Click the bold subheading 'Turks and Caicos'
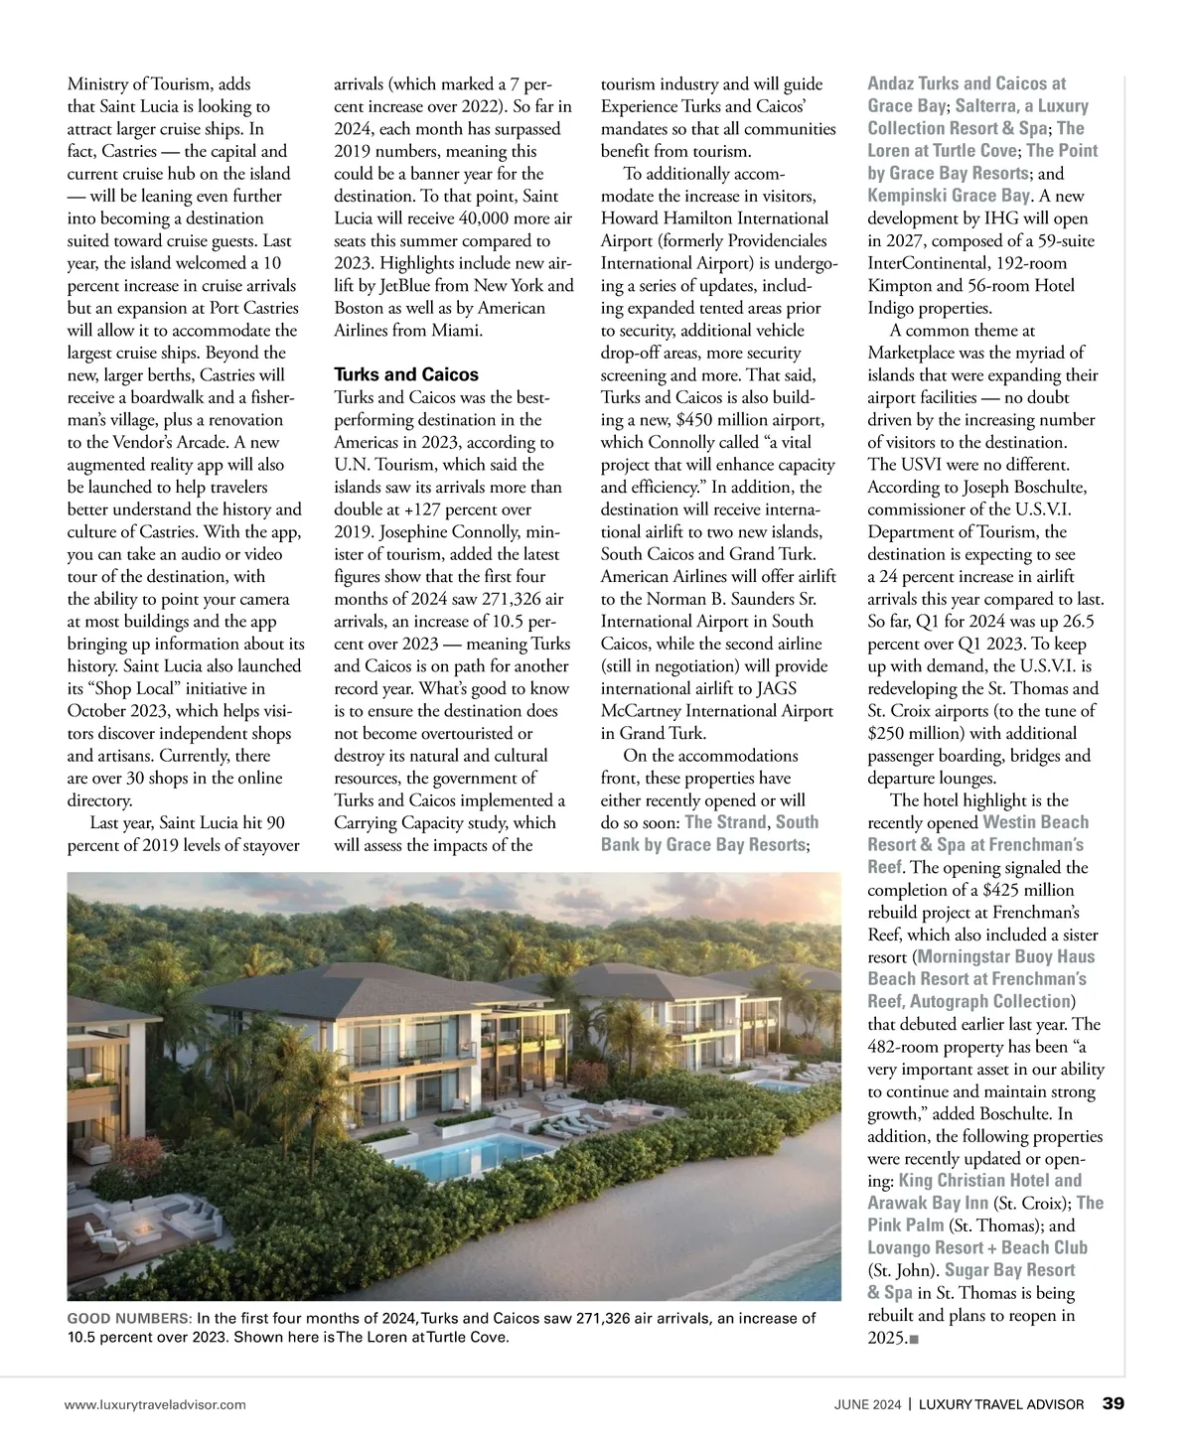[x=405, y=374]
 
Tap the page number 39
[x=1114, y=1403]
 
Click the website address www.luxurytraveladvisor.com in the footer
[x=154, y=1404]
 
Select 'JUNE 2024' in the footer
[x=867, y=1404]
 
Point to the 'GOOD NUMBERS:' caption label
[x=130, y=1318]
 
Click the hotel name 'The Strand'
[x=725, y=822]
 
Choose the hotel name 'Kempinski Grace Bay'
[x=948, y=196]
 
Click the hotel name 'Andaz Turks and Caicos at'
[x=967, y=83]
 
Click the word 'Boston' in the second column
[x=359, y=308]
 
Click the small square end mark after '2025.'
[x=913, y=1339]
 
